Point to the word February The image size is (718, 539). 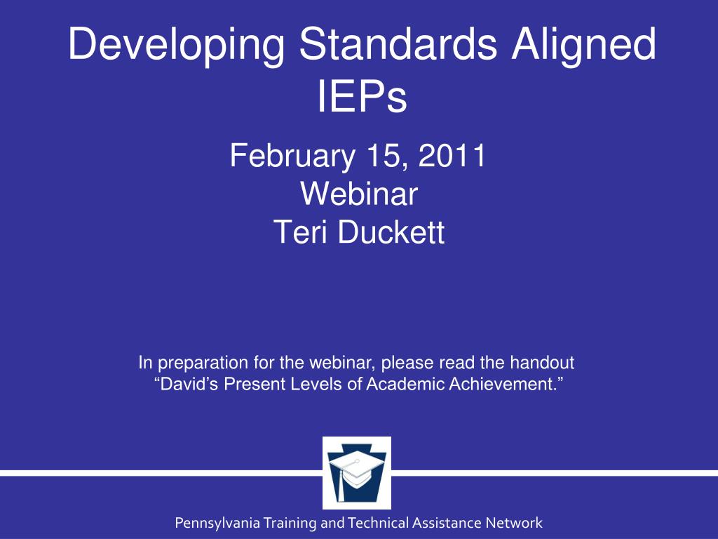(292, 157)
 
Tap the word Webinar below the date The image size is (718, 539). (359, 194)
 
